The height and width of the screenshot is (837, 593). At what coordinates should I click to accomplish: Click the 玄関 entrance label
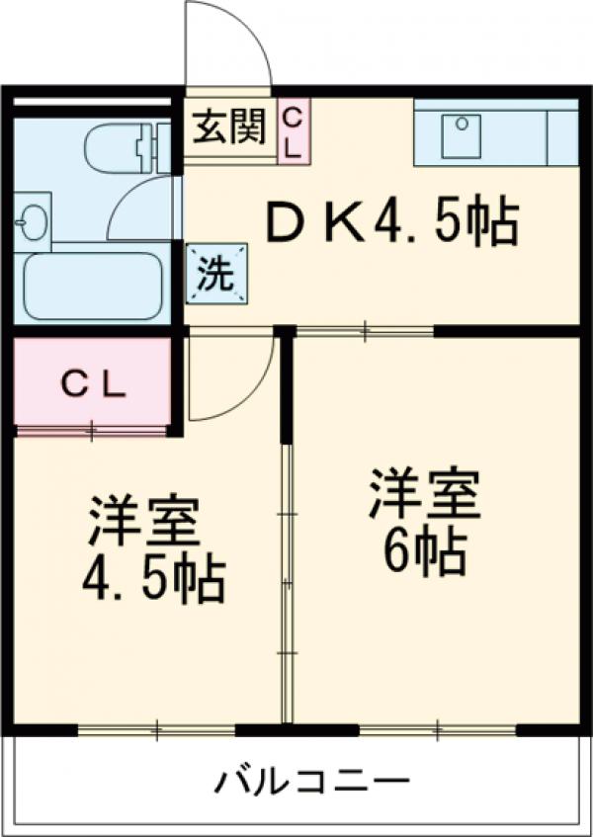(x=228, y=127)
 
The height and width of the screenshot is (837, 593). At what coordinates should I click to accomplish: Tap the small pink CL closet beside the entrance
(x=293, y=129)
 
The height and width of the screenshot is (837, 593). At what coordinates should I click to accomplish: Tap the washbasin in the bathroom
(x=32, y=218)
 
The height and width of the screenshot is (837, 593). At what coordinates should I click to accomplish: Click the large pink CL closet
(x=95, y=384)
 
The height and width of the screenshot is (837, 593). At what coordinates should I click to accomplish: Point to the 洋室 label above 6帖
(x=425, y=495)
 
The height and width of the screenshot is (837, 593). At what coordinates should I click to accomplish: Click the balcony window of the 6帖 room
(x=437, y=730)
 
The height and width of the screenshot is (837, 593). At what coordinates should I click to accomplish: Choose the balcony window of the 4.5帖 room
(x=156, y=730)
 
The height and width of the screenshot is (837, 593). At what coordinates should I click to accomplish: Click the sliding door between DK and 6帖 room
(x=365, y=331)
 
